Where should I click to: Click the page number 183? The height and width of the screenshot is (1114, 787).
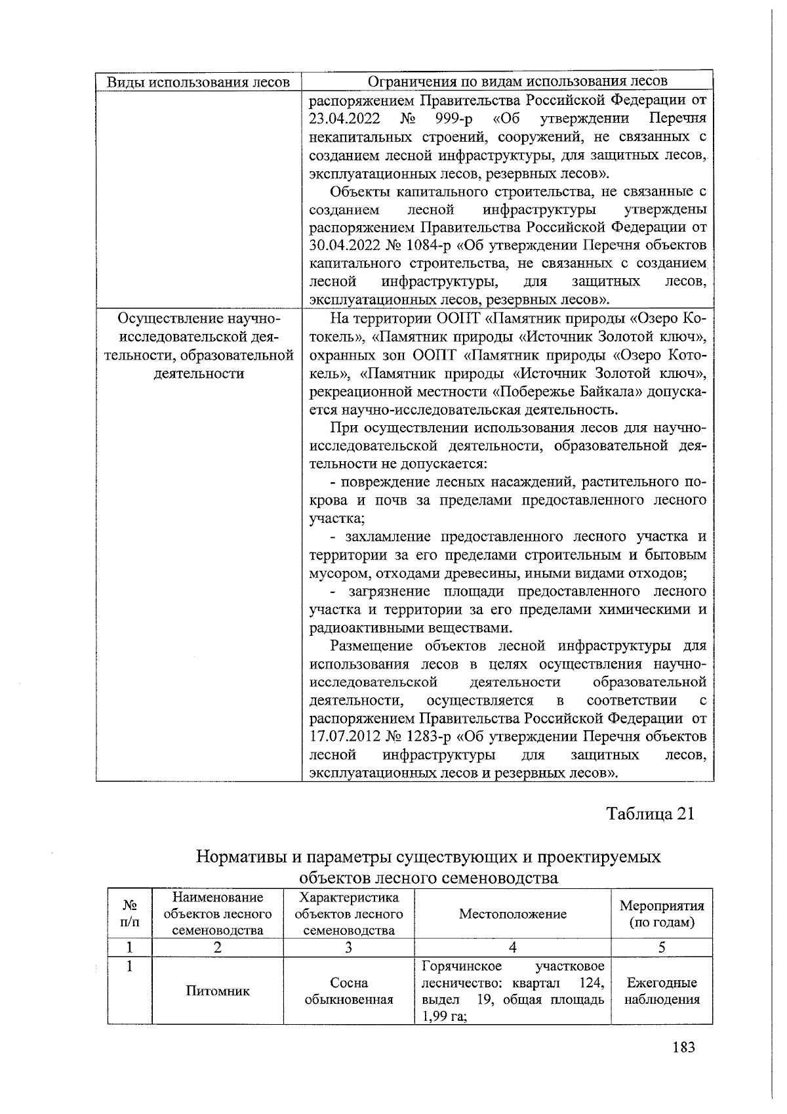tap(683, 1046)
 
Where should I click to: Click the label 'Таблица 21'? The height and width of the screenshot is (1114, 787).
tap(650, 814)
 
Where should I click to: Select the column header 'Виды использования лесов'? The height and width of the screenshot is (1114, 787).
tap(198, 82)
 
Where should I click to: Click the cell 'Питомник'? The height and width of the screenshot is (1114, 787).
tap(218, 991)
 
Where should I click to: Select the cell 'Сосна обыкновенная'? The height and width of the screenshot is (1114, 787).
tap(348, 991)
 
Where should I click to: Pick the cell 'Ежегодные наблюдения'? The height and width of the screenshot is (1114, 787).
tap(661, 991)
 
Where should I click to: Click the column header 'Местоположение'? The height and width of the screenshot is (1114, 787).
tap(512, 914)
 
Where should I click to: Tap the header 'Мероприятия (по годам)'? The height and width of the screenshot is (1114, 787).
tap(661, 914)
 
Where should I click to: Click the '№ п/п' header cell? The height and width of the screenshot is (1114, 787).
tap(131, 913)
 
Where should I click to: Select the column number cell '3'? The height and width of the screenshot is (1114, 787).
tap(348, 947)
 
